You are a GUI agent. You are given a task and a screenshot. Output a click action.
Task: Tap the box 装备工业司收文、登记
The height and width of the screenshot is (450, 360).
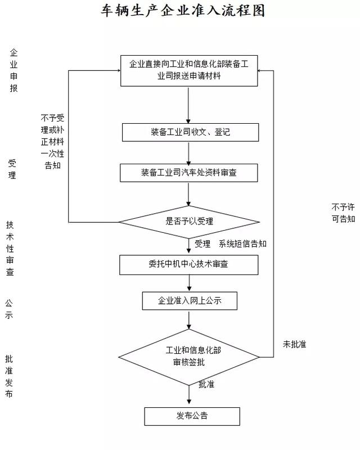190,132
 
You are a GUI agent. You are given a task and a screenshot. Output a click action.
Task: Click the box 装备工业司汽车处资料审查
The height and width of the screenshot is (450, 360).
188,173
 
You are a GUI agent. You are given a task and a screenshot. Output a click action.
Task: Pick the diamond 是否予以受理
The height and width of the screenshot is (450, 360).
189,221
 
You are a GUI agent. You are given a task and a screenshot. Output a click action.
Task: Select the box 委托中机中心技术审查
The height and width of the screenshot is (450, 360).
188,264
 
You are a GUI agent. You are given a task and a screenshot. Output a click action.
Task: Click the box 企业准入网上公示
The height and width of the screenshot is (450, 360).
190,300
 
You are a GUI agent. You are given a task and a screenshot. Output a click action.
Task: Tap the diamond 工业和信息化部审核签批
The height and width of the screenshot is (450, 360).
189,357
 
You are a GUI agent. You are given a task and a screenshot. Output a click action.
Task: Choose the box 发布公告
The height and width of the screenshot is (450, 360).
192,416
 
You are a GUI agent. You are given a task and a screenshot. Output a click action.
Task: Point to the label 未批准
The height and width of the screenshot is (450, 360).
294,344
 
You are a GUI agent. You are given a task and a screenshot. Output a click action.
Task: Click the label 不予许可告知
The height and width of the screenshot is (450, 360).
343,213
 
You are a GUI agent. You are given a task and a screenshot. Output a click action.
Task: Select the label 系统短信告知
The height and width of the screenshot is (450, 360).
242,244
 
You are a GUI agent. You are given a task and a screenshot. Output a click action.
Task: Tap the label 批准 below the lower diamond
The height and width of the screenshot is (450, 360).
206,384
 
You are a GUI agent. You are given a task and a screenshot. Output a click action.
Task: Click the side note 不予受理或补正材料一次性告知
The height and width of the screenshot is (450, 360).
52,142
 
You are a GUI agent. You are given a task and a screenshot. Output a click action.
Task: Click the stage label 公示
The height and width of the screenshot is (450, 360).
9,309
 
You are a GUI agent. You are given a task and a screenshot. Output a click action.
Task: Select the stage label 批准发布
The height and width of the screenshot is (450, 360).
9,376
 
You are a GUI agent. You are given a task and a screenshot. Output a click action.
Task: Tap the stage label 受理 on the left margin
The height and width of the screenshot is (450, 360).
12,169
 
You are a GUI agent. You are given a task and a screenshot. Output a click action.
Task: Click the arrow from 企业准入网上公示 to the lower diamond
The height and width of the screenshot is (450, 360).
189,319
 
